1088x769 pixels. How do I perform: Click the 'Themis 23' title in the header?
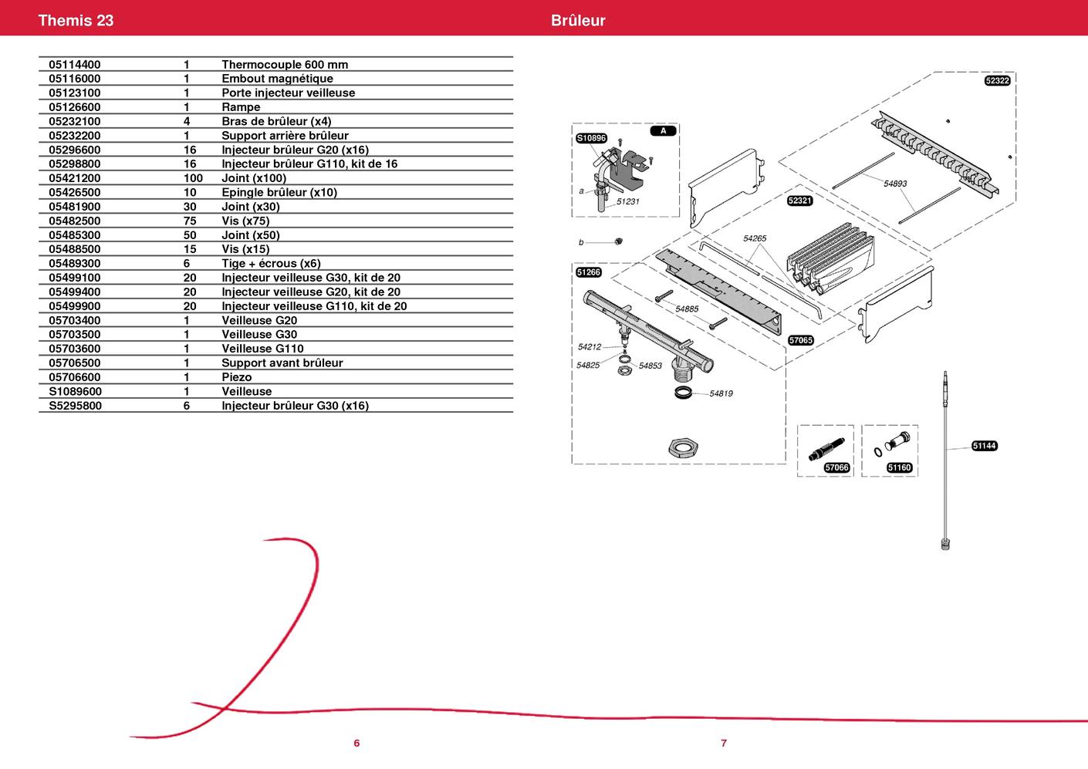(76, 20)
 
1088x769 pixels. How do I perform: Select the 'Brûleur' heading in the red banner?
(578, 20)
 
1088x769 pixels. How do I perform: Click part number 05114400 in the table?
(75, 65)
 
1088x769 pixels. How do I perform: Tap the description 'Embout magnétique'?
(277, 79)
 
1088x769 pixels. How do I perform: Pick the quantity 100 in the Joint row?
(193, 178)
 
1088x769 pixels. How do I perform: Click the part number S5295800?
(76, 406)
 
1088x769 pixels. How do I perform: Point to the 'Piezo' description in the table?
(237, 377)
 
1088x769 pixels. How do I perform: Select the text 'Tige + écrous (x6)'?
(271, 264)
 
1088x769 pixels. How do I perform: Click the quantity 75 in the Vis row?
(190, 221)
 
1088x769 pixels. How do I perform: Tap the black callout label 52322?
(998, 80)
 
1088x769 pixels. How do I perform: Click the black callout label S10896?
(591, 138)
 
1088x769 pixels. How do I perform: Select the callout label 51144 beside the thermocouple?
(985, 446)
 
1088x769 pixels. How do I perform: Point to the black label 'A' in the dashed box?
(664, 130)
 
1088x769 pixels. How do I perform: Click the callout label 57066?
(837, 467)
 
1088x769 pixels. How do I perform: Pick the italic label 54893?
(895, 184)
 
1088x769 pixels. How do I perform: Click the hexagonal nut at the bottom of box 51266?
(684, 447)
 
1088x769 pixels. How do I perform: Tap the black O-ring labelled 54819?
(684, 393)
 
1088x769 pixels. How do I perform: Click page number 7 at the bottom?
(724, 743)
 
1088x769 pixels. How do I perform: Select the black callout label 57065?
(800, 340)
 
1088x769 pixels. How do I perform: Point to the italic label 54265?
(755, 238)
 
